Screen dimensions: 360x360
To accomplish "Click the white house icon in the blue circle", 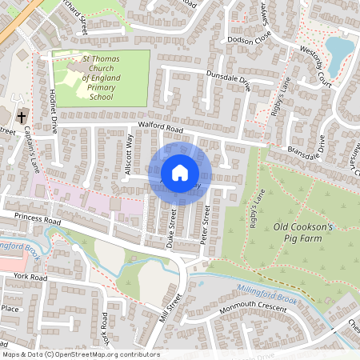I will (x=180, y=172).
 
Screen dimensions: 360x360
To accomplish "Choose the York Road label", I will (x=30, y=278).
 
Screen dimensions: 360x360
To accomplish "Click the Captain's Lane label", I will (x=35, y=151).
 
